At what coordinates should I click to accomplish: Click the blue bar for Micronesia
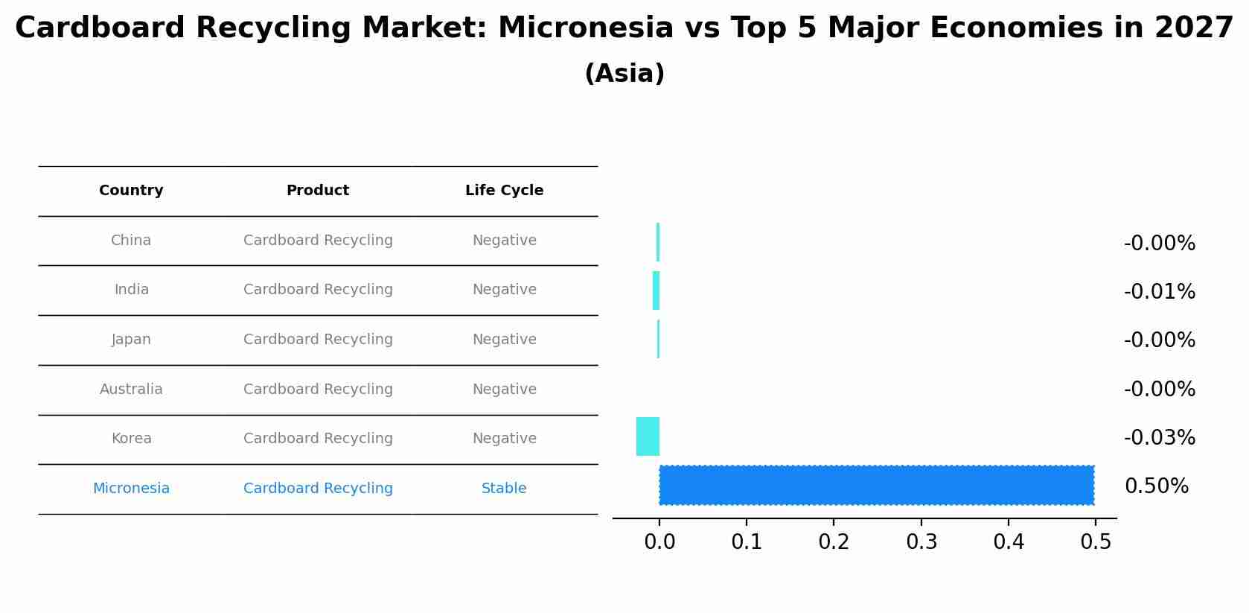pyautogui.click(x=877, y=486)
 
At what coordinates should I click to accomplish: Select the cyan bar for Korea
pyautogui.click(x=648, y=436)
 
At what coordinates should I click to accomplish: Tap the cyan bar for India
pyautogui.click(x=657, y=290)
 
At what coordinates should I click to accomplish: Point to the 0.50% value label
pyautogui.click(x=1157, y=486)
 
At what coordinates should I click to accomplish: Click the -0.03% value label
pyautogui.click(x=1160, y=438)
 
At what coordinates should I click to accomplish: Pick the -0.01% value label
pyautogui.click(x=1160, y=292)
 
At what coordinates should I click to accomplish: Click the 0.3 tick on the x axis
pyautogui.click(x=921, y=541)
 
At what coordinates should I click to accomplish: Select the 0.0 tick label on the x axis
pyautogui.click(x=659, y=541)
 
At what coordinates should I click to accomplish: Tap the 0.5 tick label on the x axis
pyautogui.click(x=1096, y=541)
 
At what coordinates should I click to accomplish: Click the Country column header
pyautogui.click(x=131, y=191)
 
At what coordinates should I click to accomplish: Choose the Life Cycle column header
pyautogui.click(x=504, y=191)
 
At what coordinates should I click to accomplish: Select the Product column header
pyautogui.click(x=318, y=191)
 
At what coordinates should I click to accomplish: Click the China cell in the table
pyautogui.click(x=131, y=241)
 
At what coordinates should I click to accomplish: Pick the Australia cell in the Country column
pyautogui.click(x=131, y=390)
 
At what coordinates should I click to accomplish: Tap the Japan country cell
pyautogui.click(x=131, y=340)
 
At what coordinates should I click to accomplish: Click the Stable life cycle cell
pyautogui.click(x=504, y=489)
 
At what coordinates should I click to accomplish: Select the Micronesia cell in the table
pyautogui.click(x=131, y=489)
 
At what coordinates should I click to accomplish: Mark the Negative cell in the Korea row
pyautogui.click(x=504, y=439)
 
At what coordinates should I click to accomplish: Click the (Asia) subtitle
pyautogui.click(x=624, y=74)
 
